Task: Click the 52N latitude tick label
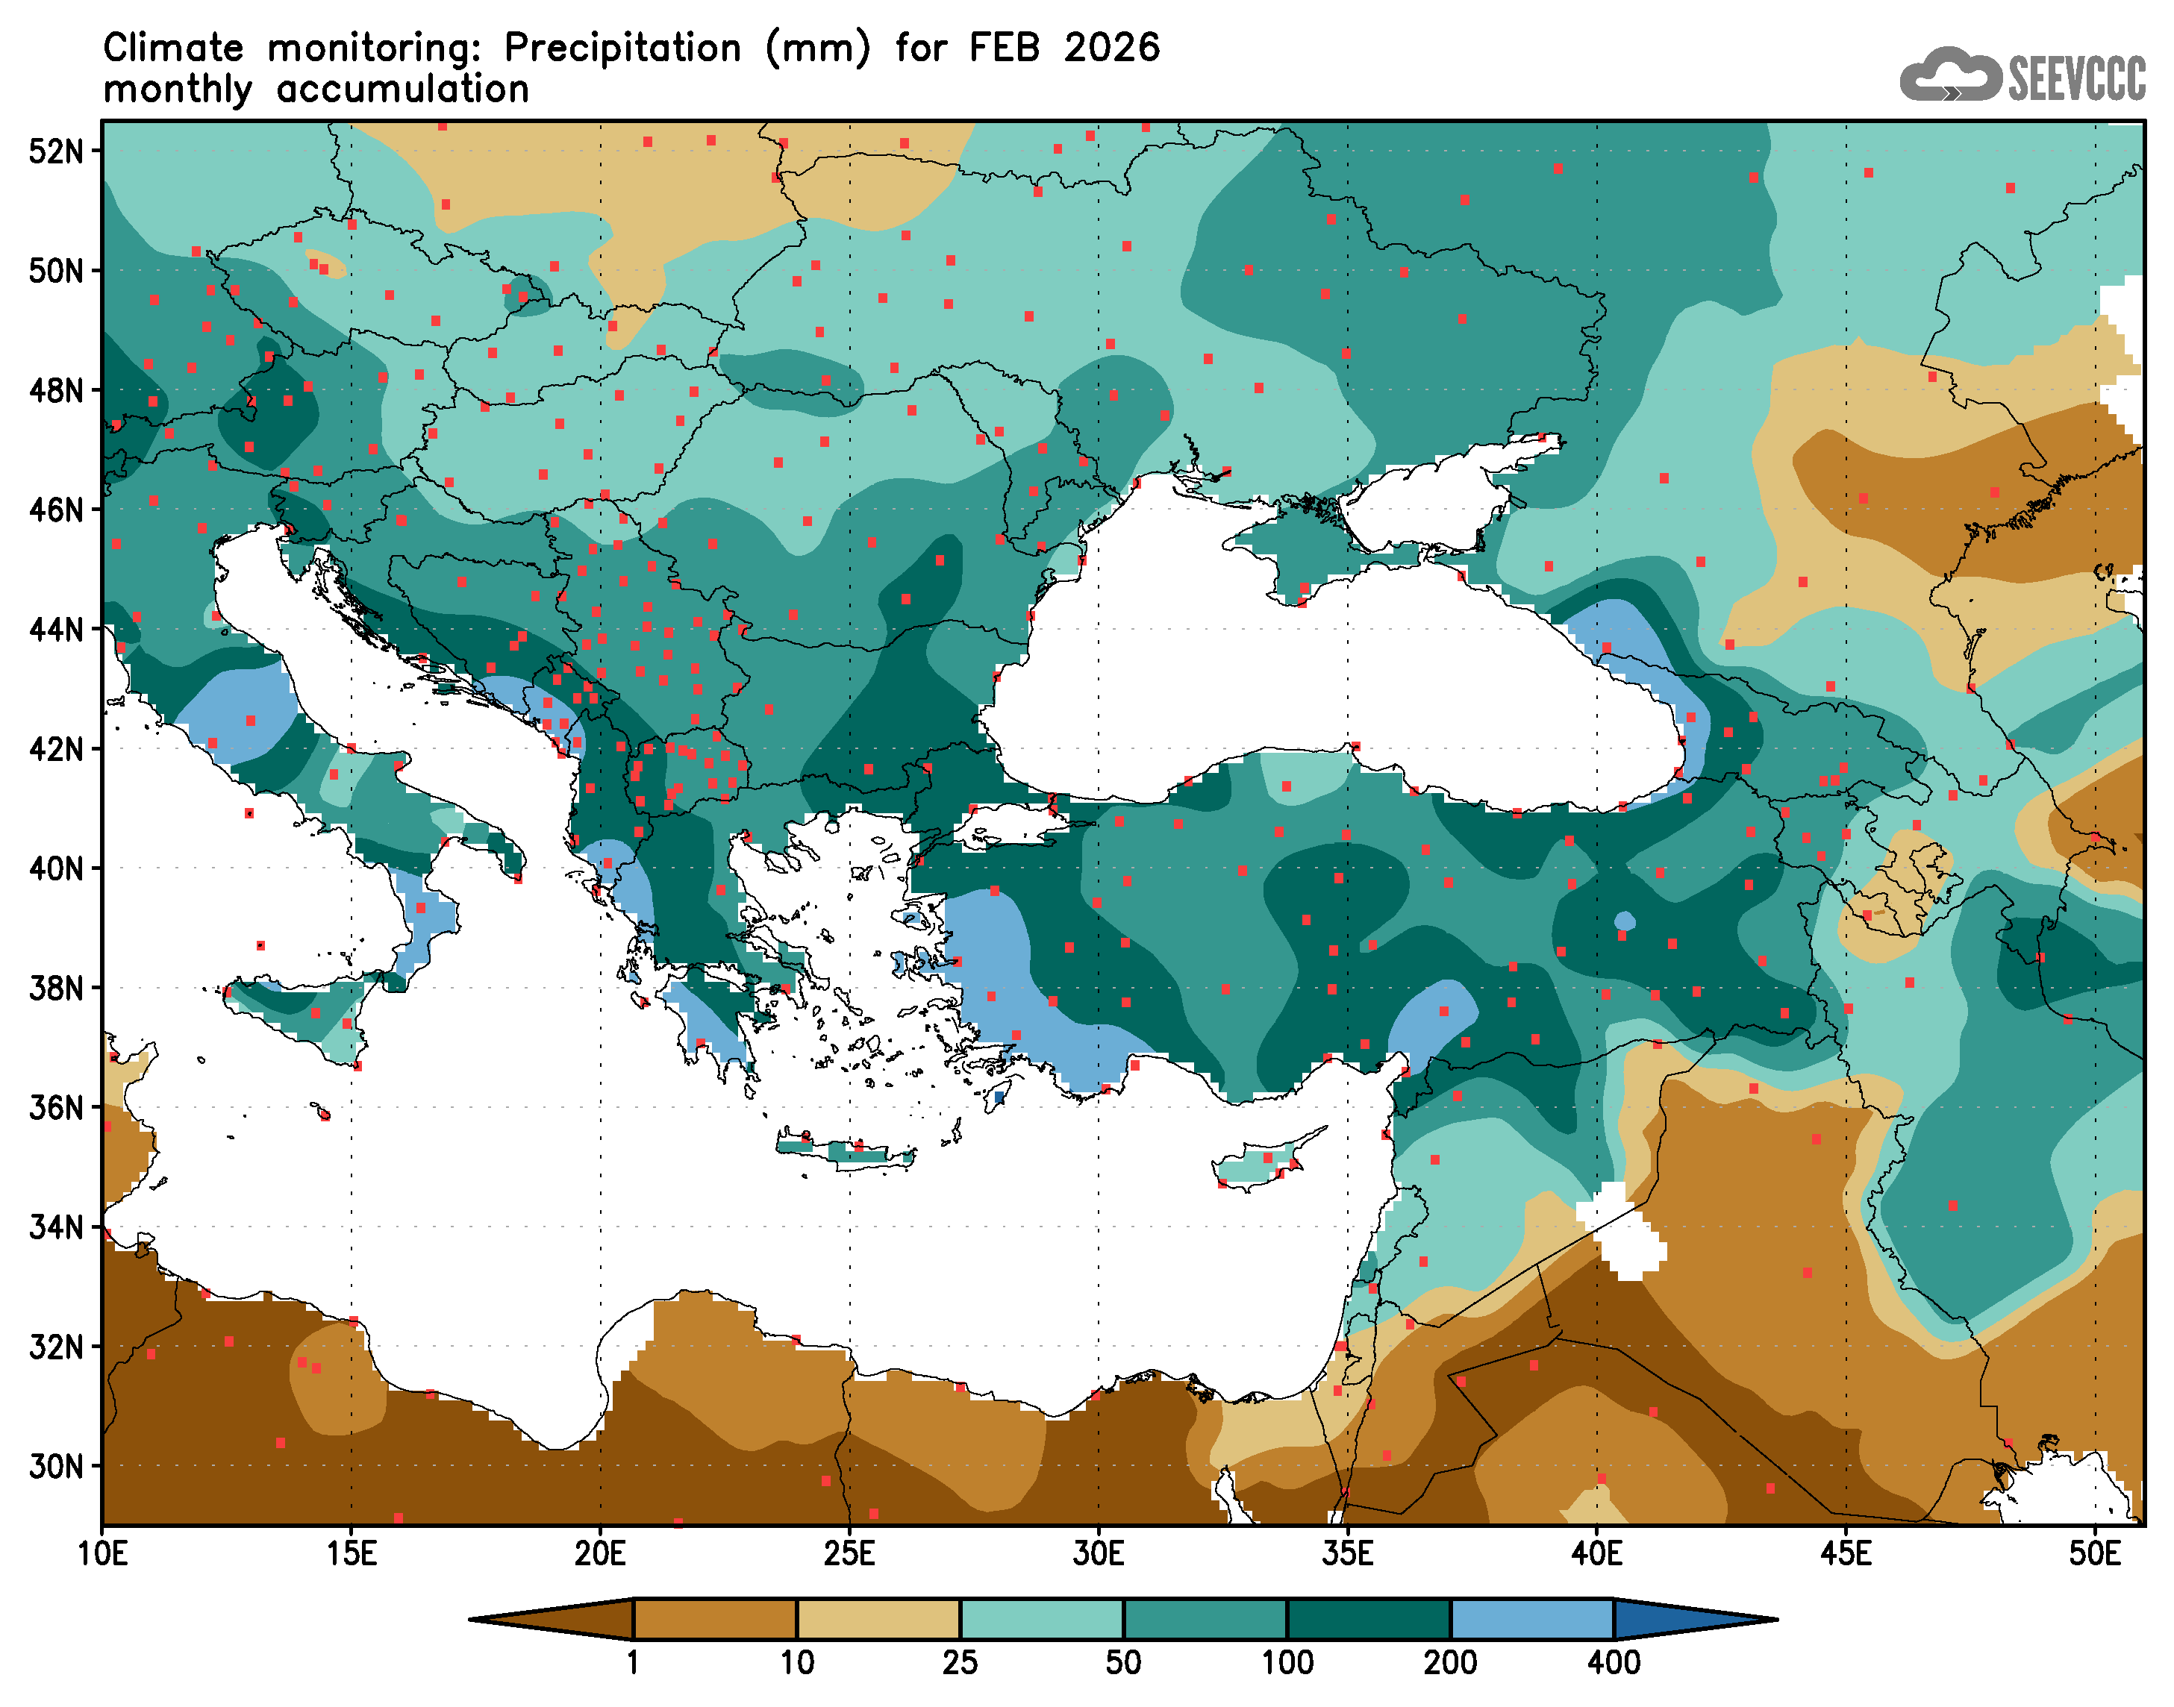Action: (55, 152)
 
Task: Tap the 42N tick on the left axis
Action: (55, 748)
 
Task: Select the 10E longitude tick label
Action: (102, 1555)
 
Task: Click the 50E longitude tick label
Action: (2094, 1555)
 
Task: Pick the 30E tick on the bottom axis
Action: (1098, 1555)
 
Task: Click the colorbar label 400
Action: (1614, 1663)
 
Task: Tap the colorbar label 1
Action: (633, 1663)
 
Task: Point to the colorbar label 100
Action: (1287, 1663)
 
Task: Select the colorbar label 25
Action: (960, 1663)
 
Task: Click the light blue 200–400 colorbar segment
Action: (1531, 1619)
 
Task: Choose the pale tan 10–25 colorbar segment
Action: (878, 1619)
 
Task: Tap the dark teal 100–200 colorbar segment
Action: (1369, 1619)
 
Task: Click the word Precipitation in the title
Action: (622, 48)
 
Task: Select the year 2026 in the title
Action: (1111, 48)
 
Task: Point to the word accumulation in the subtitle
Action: (403, 90)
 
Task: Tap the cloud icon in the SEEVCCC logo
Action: (1949, 75)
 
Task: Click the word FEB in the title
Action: (1004, 48)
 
